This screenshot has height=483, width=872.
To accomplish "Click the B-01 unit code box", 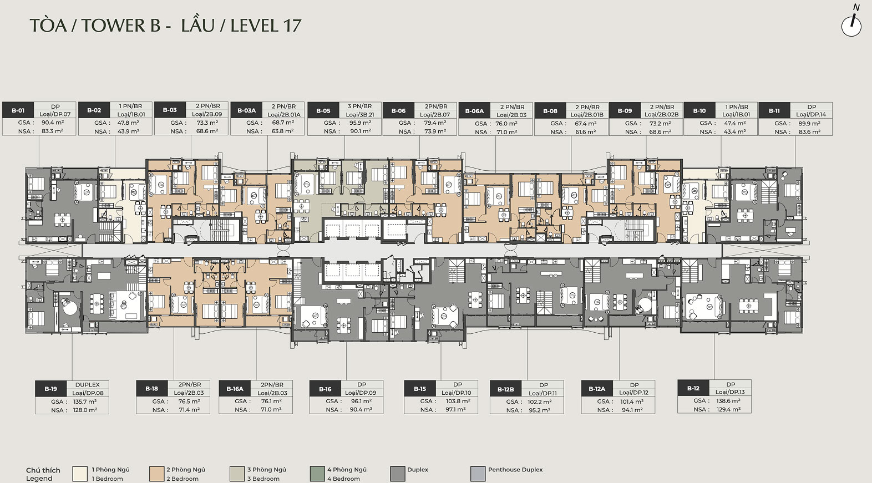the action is (18, 110).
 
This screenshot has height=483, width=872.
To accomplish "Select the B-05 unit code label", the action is (323, 110).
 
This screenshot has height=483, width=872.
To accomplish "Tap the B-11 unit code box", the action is (774, 110).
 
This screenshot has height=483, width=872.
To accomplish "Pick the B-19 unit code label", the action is (50, 389).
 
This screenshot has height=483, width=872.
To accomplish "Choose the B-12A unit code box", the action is (597, 388).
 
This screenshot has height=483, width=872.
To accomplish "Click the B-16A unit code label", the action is (235, 388).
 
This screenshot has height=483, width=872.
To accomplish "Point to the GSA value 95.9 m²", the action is (360, 123).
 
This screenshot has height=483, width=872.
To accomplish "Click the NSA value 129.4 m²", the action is (728, 409).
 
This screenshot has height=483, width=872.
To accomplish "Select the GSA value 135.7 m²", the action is (85, 401).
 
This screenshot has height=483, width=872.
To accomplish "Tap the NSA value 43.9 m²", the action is (129, 131).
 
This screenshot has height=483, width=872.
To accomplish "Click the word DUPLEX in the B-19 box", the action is (88, 384).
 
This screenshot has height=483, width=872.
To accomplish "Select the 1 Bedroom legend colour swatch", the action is (80, 474).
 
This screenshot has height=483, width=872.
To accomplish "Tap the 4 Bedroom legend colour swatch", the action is (317, 474).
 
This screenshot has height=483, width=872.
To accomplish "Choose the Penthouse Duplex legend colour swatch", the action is (478, 474).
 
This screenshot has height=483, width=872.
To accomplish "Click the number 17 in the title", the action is (292, 26).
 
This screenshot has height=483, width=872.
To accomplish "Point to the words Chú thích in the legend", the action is (43, 470).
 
